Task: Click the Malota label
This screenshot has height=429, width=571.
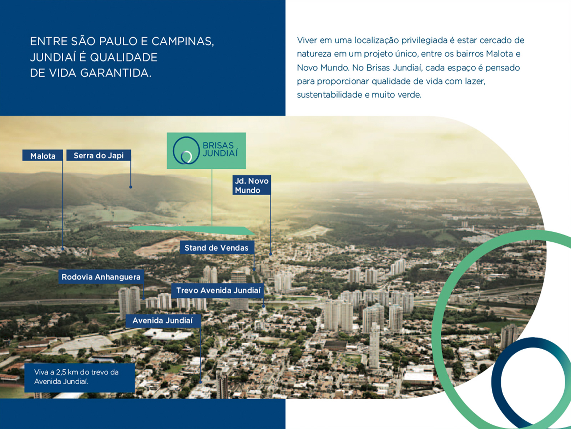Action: (x=43, y=156)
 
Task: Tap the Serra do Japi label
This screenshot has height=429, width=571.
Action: (x=98, y=155)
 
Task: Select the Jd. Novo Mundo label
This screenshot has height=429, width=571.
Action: (x=252, y=185)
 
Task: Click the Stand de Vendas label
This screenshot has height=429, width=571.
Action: (x=217, y=248)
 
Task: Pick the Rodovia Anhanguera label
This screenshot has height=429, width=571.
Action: (x=101, y=277)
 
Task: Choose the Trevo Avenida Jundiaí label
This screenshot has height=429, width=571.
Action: (x=218, y=290)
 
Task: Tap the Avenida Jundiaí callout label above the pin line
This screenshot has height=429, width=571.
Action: (x=163, y=321)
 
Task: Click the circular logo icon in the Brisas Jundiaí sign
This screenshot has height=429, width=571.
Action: (x=186, y=151)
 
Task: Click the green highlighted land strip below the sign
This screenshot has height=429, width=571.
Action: (x=192, y=230)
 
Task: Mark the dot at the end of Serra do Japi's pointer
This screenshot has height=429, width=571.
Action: (x=131, y=187)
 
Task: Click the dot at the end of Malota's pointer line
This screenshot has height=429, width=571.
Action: (x=63, y=249)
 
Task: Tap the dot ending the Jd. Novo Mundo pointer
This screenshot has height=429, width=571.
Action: (x=271, y=254)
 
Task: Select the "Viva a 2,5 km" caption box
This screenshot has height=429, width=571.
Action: (x=80, y=378)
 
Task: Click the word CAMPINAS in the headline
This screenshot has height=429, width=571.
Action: (x=183, y=41)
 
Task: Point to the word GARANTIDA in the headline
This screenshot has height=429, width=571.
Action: (x=116, y=73)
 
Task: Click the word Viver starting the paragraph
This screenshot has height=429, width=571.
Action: (x=307, y=40)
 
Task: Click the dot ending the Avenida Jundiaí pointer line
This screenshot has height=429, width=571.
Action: (x=201, y=382)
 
